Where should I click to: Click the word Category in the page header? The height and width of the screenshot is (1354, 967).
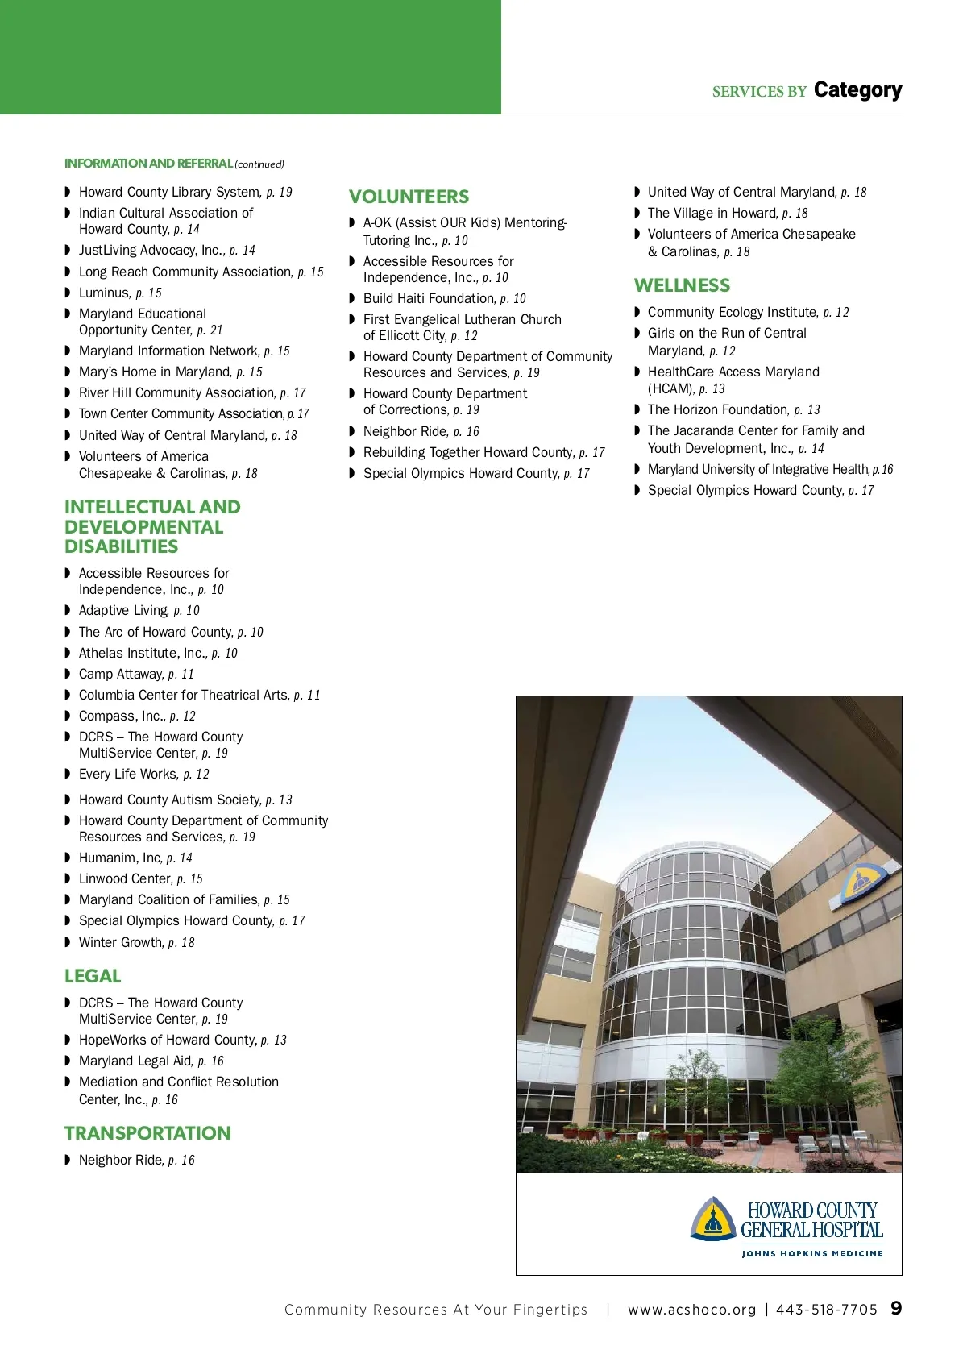[x=857, y=90]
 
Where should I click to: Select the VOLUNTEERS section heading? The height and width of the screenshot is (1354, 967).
[x=409, y=197]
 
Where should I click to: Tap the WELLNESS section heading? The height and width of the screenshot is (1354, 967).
[x=682, y=285]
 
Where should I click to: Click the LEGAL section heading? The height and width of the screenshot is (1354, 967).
[x=93, y=976]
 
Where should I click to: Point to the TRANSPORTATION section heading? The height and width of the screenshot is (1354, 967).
[x=147, y=1133]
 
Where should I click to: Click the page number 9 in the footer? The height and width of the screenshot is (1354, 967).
[x=896, y=1308]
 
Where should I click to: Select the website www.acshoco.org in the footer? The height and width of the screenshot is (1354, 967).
[x=691, y=1310]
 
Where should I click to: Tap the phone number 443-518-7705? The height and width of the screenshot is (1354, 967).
[x=826, y=1310]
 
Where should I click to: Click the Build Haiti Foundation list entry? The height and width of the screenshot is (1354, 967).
[x=444, y=298]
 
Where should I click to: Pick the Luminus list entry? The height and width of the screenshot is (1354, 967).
[x=120, y=293]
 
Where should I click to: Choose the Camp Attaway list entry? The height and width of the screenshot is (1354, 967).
[x=136, y=674]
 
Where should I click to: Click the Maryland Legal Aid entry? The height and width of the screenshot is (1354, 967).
[x=151, y=1061]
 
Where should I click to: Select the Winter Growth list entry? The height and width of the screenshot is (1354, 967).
[x=136, y=942]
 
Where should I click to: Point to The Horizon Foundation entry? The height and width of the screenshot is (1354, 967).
[x=733, y=409]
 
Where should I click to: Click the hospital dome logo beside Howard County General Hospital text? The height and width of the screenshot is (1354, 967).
[x=712, y=1218]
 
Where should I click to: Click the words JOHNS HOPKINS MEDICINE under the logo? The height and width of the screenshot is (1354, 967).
[x=812, y=1253]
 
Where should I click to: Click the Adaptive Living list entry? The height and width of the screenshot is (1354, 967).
[x=139, y=610]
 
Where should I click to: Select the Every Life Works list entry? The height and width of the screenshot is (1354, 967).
[x=143, y=774]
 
